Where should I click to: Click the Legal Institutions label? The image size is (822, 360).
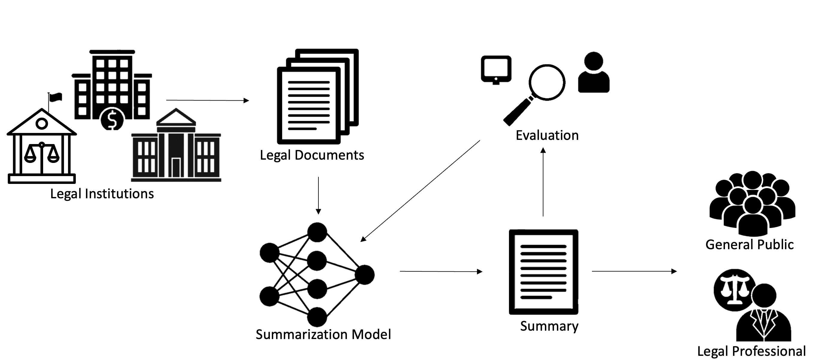(x=102, y=194)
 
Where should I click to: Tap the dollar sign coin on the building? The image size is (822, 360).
(x=112, y=119)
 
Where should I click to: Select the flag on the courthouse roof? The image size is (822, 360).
(x=56, y=97)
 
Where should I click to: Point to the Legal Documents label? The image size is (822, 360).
(x=312, y=155)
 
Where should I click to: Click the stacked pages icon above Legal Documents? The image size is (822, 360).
(x=318, y=96)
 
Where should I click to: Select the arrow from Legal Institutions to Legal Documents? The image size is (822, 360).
(x=207, y=101)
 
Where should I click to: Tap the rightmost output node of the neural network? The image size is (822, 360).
(x=365, y=275)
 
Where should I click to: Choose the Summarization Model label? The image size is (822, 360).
(x=323, y=335)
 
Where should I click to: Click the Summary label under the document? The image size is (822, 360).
(x=549, y=326)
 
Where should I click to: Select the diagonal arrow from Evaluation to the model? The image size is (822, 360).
(x=421, y=191)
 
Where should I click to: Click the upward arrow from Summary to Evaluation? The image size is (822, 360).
(x=543, y=182)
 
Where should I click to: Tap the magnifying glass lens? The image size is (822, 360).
(x=547, y=82)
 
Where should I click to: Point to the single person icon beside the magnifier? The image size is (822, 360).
(x=593, y=73)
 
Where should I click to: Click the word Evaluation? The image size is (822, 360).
(x=547, y=135)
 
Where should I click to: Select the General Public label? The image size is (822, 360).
(x=749, y=244)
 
